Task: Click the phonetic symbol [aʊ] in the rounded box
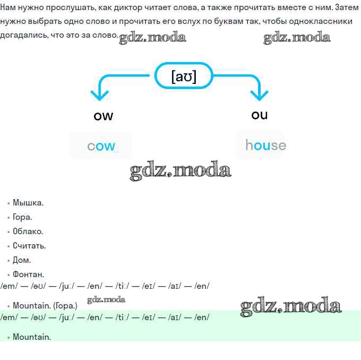pos(184,76)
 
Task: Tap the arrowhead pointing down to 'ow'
pos(99,96)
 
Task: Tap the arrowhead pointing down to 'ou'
pos(259,96)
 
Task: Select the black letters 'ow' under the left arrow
pos(104,116)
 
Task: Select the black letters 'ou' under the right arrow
pos(260,115)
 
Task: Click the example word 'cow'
pos(101,146)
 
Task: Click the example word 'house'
pos(266,145)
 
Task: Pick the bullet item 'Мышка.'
pos(28,203)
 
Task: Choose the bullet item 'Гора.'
pos(22,217)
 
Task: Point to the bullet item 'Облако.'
pos(28,232)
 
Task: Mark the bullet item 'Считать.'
pos(29,246)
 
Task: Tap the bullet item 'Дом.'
pos(22,260)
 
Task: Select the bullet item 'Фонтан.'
pos(28,275)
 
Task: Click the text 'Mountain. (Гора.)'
pos(45,306)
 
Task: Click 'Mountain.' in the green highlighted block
pos(32,337)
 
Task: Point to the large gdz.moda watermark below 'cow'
pos(180,170)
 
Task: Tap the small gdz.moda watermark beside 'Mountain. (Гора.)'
pos(106,300)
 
